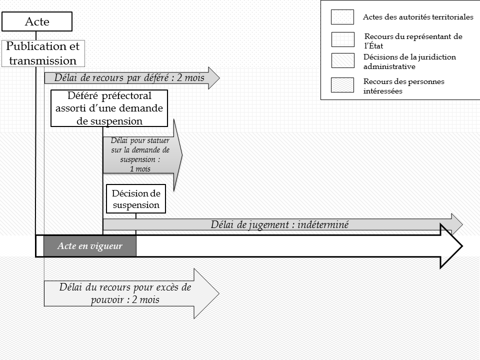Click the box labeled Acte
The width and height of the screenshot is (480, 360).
point(37,21)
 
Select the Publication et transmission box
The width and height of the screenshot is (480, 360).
point(43,53)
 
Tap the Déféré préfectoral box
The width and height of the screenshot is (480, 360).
point(109,108)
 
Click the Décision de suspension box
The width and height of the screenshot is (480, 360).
point(136,199)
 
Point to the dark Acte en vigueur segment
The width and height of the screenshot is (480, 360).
point(90,246)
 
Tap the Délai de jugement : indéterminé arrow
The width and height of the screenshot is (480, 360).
point(280,224)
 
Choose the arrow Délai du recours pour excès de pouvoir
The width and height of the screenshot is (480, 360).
point(125,294)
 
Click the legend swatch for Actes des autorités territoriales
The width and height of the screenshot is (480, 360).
point(342,17)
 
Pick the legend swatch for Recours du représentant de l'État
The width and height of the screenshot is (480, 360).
point(342,39)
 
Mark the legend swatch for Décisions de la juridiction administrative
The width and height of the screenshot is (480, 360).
point(342,60)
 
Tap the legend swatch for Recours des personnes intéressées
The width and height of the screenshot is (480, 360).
point(342,85)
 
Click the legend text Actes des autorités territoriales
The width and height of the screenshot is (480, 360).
point(418,17)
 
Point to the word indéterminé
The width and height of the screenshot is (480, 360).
point(322,224)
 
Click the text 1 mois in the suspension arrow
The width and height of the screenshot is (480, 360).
point(140,169)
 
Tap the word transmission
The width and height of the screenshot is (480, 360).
point(43,60)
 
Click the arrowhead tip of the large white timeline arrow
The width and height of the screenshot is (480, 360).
point(461,246)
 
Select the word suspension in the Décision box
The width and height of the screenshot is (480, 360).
point(136,205)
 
